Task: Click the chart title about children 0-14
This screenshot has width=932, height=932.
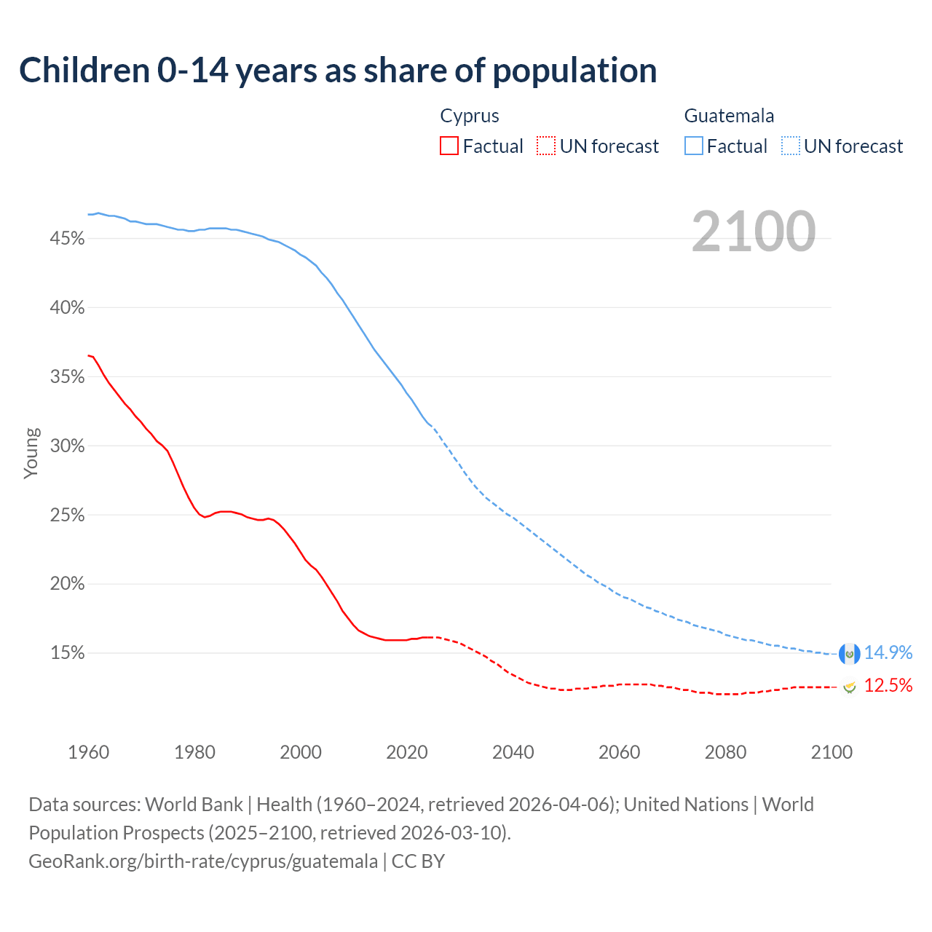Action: click(x=338, y=71)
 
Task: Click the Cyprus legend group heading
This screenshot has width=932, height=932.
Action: click(x=470, y=116)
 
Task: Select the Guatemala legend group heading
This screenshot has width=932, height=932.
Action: click(x=729, y=116)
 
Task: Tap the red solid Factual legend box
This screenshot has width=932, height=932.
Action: click(x=449, y=146)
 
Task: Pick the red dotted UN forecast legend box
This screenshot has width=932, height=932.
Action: click(x=546, y=146)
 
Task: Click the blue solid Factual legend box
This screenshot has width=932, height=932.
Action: click(x=694, y=146)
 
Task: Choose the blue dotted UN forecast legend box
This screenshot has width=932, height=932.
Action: click(x=790, y=146)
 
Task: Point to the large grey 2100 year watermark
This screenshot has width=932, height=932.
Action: click(x=754, y=232)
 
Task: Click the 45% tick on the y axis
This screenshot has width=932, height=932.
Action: click(x=67, y=239)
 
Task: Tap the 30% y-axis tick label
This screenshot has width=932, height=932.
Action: click(x=67, y=446)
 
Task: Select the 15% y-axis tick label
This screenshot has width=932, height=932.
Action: click(x=67, y=653)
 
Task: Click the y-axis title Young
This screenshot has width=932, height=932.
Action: click(x=31, y=453)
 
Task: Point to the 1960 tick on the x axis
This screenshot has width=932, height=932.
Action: click(x=89, y=752)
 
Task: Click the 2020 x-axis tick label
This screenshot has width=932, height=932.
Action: click(x=407, y=752)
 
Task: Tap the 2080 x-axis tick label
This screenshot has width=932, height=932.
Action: click(x=725, y=752)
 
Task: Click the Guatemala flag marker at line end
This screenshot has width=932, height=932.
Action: click(x=849, y=654)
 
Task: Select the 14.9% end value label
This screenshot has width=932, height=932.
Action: click(x=888, y=653)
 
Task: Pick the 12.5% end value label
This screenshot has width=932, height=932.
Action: click(x=888, y=686)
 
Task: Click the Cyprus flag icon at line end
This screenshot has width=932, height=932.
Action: click(x=849, y=687)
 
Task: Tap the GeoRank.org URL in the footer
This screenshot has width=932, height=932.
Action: click(x=203, y=861)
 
